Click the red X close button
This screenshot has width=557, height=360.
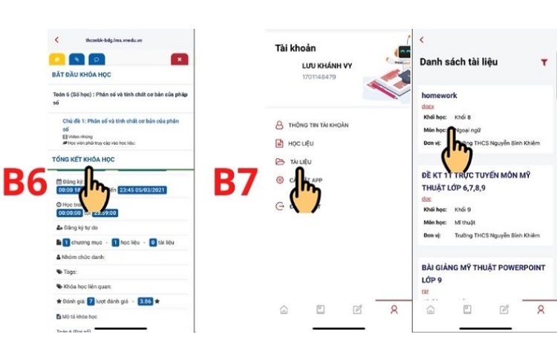point(179,59)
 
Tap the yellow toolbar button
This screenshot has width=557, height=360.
point(56,59)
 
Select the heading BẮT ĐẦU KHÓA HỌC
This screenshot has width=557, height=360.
point(82,75)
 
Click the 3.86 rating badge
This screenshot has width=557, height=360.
point(145,301)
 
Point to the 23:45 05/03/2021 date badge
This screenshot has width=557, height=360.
point(143,189)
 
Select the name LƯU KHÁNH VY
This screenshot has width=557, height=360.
point(327,66)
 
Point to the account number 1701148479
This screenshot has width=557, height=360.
point(319,76)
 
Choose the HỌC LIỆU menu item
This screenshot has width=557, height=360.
point(302,143)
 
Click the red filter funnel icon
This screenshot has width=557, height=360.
point(544,63)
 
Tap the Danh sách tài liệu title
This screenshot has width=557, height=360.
point(458,62)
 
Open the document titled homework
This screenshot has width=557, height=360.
point(440,96)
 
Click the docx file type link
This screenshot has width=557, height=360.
point(429,106)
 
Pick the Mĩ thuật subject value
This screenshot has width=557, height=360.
point(466,222)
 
